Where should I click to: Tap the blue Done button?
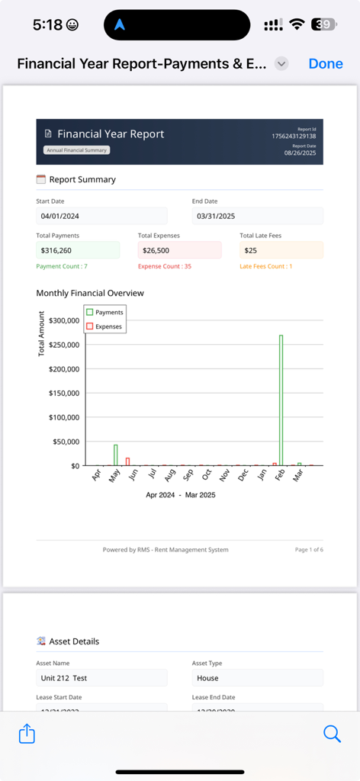[x=326, y=64]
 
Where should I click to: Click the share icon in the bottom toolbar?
[x=27, y=734]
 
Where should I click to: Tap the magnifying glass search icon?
[x=332, y=734]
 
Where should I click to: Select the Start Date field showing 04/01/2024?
[x=101, y=216]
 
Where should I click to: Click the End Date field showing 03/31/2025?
[x=257, y=216]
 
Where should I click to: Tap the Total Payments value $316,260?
[x=78, y=250]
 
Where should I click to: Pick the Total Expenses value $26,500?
[x=179, y=250]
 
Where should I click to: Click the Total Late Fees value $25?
[x=281, y=250]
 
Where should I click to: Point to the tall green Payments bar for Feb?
[x=281, y=400]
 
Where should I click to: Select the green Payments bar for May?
[x=116, y=455]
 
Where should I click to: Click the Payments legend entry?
[x=104, y=312]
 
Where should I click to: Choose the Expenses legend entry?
[x=104, y=326]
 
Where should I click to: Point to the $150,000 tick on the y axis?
[x=63, y=394]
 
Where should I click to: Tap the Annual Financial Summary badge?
[x=77, y=150]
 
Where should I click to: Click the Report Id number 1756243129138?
[x=294, y=137]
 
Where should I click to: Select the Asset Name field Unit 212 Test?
[x=101, y=678]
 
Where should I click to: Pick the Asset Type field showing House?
[x=257, y=678]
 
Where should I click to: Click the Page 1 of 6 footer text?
[x=309, y=550]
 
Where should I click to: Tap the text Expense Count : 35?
[x=165, y=266]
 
